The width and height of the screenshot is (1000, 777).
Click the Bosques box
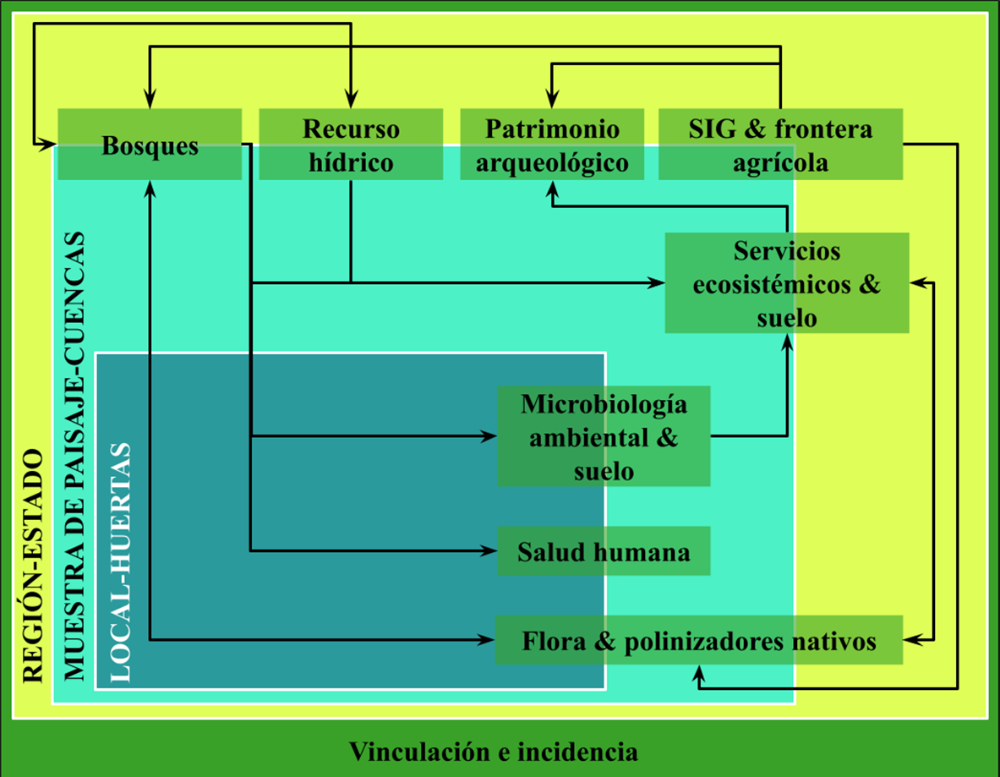(150, 145)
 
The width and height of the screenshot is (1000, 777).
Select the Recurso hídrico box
(351, 145)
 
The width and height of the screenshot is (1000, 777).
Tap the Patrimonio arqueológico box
(552, 145)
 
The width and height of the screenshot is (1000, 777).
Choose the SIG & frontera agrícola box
(780, 145)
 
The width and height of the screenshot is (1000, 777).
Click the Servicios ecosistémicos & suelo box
(786, 283)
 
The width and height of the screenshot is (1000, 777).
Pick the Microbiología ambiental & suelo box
(604, 436)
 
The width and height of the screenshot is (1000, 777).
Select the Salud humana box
(604, 552)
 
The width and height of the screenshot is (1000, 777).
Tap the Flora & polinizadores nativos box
(699, 641)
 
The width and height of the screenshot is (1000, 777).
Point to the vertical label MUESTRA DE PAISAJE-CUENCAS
(75, 457)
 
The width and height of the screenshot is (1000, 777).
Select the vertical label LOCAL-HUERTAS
(121, 562)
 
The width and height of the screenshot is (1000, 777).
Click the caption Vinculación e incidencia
(494, 751)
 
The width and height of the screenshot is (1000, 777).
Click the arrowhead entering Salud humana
(490, 551)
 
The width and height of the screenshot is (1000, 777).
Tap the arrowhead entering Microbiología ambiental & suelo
(490, 436)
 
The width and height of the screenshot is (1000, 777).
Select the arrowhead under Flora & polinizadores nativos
(699, 672)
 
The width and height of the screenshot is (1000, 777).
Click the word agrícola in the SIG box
(780, 161)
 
